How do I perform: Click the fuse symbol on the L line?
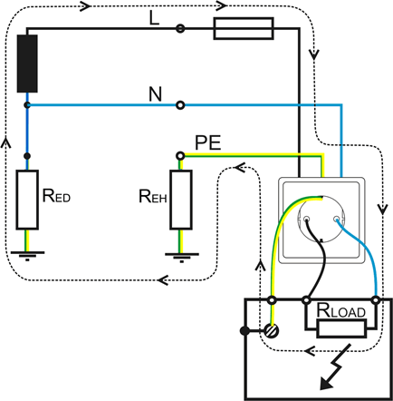pyautogui.click(x=244, y=28)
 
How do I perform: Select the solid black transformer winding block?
pyautogui.click(x=27, y=64)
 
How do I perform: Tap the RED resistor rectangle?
pyautogui.click(x=27, y=200)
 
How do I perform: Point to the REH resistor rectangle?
pyautogui.click(x=181, y=200)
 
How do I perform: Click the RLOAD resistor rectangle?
pyautogui.click(x=341, y=329)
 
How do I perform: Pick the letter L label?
pyautogui.click(x=154, y=19)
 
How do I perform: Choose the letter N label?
pyautogui.click(x=156, y=94)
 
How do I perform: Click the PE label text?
pyautogui.click(x=208, y=142)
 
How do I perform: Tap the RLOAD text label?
pyautogui.click(x=340, y=310)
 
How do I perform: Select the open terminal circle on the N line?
pyautogui.click(x=180, y=105)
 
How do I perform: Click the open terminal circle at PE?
pyautogui.click(x=180, y=156)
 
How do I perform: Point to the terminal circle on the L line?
pyautogui.click(x=180, y=28)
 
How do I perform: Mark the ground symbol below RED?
pyautogui.click(x=27, y=256)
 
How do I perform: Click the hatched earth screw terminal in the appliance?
pyautogui.click(x=272, y=330)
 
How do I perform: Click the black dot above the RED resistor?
pyautogui.click(x=27, y=156)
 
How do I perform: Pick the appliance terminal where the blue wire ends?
pyautogui.click(x=376, y=300)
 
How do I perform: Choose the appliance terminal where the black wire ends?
pyautogui.click(x=307, y=300)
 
